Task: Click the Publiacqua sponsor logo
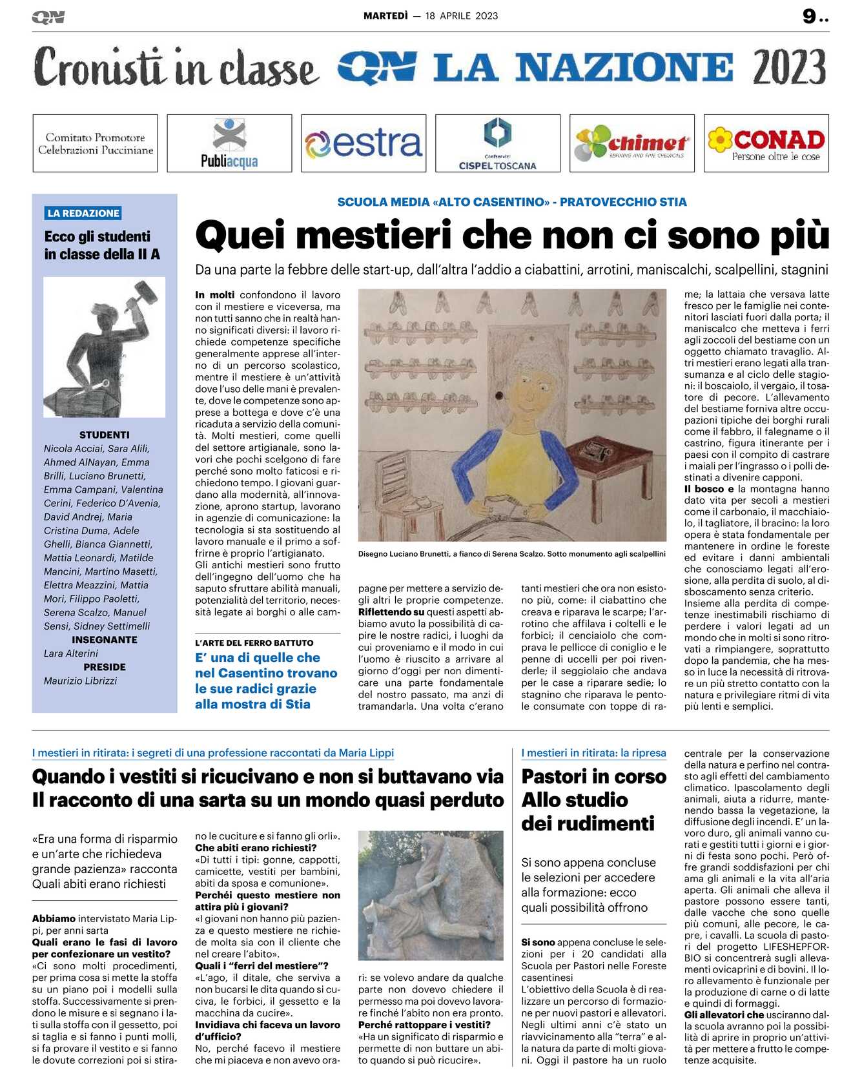(229, 143)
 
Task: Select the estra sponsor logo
(364, 143)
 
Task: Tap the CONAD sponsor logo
(766, 143)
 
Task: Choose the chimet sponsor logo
(631, 143)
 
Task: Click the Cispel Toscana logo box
(497, 143)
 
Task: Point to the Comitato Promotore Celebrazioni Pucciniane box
(95, 143)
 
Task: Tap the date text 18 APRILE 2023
(462, 16)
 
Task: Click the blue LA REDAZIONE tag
(83, 213)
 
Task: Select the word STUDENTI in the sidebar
(104, 435)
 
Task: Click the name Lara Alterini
(71, 653)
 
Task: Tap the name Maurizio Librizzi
(81, 681)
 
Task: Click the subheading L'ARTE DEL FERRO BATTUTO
(254, 643)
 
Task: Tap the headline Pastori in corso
(593, 776)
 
